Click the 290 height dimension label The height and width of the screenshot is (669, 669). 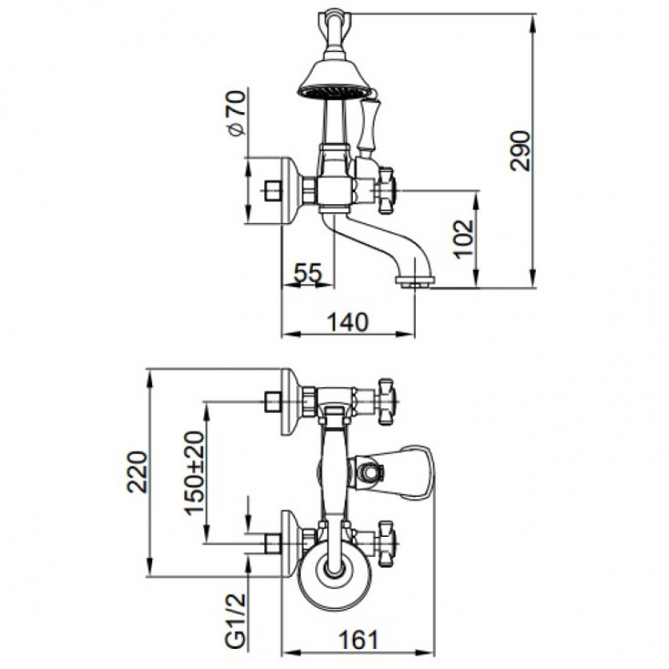(x=520, y=151)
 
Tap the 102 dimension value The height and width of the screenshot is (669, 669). (x=464, y=239)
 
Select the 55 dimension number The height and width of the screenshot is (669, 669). (x=308, y=273)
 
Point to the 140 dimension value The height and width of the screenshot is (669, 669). (x=347, y=322)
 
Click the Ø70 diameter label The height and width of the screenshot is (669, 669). (x=237, y=113)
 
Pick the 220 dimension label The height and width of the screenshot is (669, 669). (x=138, y=472)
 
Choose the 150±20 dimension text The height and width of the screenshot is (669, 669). (x=194, y=472)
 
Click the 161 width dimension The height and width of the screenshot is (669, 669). (x=359, y=640)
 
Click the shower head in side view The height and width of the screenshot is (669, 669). (x=333, y=79)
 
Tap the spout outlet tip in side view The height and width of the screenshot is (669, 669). (x=415, y=282)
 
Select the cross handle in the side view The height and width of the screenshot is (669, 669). (x=386, y=190)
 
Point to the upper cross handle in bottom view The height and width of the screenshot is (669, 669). (x=386, y=402)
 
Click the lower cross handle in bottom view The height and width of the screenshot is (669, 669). (x=386, y=544)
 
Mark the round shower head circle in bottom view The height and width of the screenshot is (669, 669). (x=334, y=573)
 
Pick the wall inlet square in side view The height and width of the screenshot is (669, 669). (x=273, y=191)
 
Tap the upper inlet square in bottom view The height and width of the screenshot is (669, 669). (x=273, y=402)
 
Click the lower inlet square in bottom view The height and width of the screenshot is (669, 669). (x=273, y=544)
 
